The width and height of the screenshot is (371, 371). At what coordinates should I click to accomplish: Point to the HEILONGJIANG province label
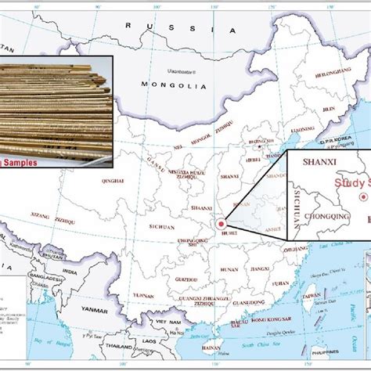(x=312, y=70)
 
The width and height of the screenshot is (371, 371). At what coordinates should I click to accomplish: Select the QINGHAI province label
(x=113, y=181)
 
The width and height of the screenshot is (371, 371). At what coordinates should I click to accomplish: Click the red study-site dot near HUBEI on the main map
(x=222, y=201)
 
